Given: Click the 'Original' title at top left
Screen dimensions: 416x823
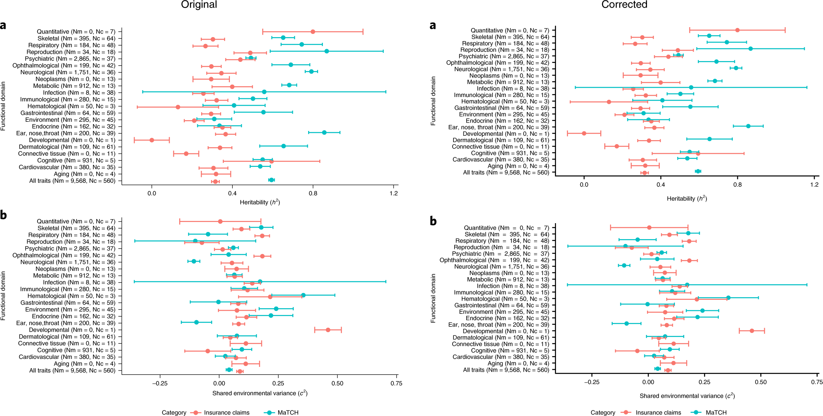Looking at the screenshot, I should [199, 5].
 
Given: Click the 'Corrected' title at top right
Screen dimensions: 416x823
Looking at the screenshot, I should [624, 5].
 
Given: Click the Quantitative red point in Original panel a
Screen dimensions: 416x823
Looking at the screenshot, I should [313, 32].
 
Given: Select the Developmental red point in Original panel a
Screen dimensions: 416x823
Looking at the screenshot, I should [152, 140].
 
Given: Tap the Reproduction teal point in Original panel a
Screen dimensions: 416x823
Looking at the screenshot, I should [326, 51].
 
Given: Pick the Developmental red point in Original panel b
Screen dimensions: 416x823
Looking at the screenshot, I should [328, 330].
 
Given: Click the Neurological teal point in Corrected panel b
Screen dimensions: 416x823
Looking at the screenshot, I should [624, 265].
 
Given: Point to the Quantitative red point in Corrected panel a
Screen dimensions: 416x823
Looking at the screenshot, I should [737, 30].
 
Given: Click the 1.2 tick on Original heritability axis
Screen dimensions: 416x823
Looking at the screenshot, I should [394, 194].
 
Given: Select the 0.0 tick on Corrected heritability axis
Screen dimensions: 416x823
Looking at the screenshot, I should [584, 185].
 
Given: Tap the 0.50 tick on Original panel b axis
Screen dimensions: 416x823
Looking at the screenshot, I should [337, 384].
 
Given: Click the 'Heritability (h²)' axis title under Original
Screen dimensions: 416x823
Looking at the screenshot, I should [260, 202].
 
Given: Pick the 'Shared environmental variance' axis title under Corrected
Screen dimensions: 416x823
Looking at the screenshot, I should [687, 396].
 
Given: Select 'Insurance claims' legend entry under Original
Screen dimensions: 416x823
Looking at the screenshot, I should [226, 413].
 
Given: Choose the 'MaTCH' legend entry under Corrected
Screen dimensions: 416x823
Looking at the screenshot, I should [716, 413].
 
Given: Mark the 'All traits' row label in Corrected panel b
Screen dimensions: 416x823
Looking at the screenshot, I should [506, 370].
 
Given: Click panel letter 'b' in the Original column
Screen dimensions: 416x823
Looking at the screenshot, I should [4, 216].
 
